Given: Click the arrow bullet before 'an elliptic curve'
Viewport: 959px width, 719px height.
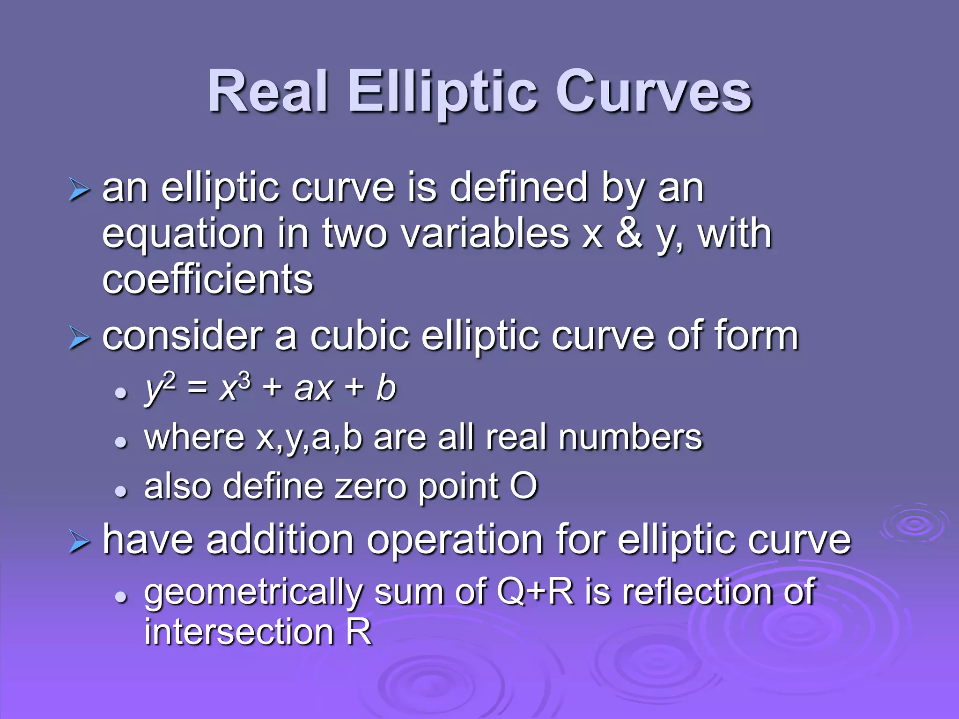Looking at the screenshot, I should (78, 190).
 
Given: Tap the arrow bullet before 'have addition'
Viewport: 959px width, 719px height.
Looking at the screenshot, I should (78, 542).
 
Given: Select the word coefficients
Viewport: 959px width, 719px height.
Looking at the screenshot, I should (207, 280).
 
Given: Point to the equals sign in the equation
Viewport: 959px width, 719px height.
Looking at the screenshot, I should (197, 389).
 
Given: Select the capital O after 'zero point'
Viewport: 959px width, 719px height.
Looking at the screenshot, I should (523, 486).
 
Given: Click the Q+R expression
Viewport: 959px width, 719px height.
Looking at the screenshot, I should (535, 591).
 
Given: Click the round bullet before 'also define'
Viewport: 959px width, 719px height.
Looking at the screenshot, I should (121, 491).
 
